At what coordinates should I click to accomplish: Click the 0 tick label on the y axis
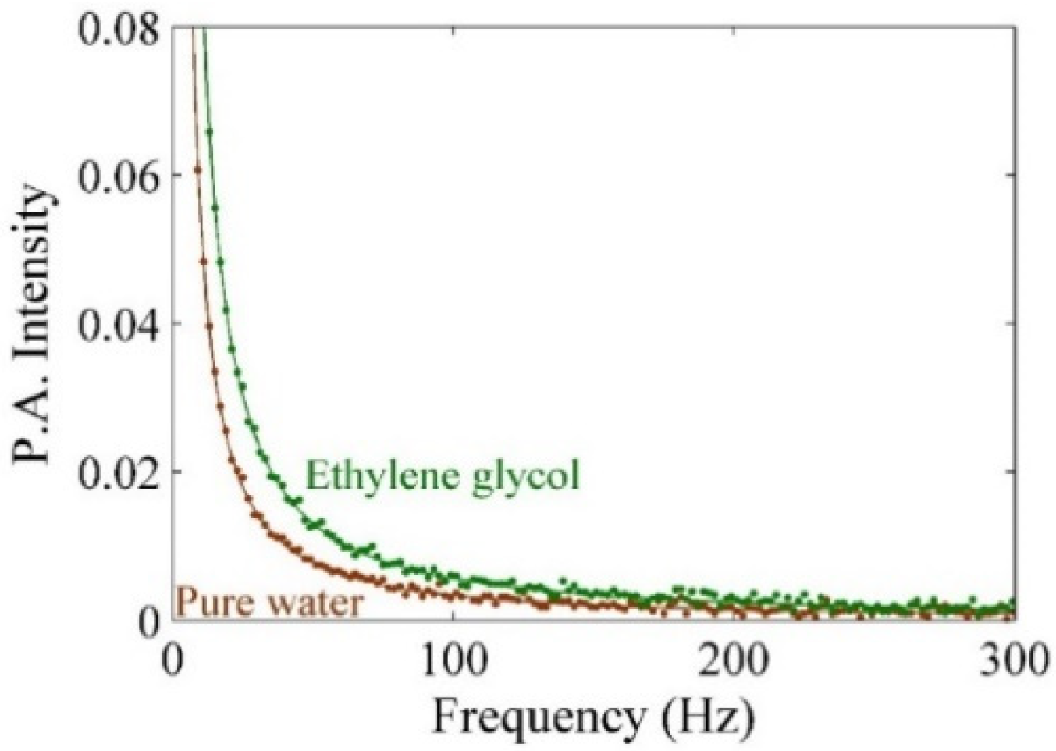[x=151, y=620]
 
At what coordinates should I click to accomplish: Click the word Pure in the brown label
[x=215, y=603]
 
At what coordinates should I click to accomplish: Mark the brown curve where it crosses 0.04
[x=208, y=323]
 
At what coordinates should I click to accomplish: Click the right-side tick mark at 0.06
[x=1008, y=175]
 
